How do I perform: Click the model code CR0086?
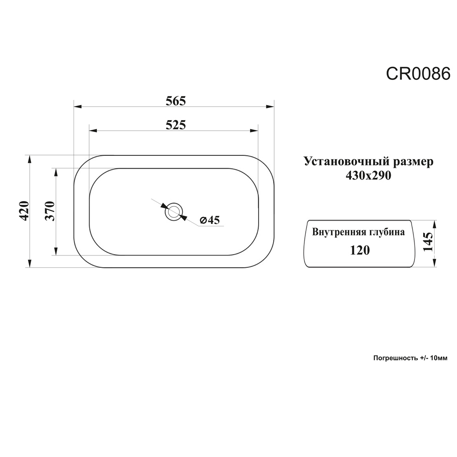[418, 74]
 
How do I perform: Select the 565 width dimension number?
[176, 101]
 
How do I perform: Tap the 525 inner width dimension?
[176, 125]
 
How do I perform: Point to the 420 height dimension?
[24, 211]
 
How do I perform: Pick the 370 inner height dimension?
[50, 211]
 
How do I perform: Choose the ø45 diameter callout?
[210, 220]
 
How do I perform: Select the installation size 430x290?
[368, 175]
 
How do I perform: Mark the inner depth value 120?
[360, 250]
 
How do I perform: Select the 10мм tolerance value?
[439, 358]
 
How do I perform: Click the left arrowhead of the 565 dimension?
[78, 106]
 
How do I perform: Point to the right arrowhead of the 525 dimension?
[254, 130]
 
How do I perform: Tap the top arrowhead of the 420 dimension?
[29, 159]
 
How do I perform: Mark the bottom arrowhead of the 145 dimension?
[435, 262]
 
